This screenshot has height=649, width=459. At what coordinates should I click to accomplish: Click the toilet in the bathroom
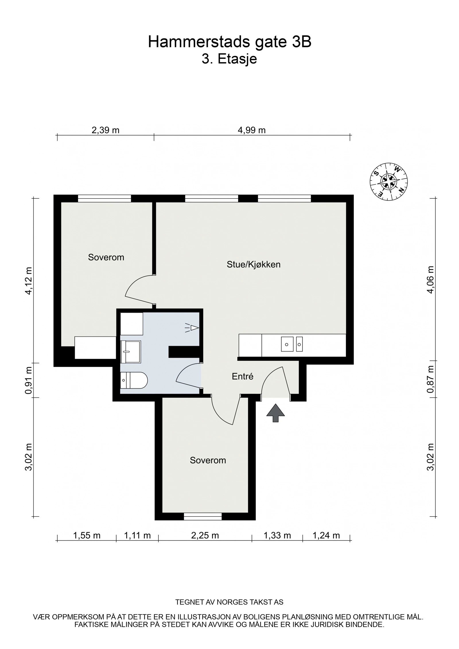point(134,380)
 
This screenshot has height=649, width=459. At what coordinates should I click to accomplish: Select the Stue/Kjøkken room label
point(254,264)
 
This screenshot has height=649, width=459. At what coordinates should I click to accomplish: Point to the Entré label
point(243,376)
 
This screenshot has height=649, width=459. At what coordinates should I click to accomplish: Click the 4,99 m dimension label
point(252,130)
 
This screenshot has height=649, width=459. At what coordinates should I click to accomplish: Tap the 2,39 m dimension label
point(105,130)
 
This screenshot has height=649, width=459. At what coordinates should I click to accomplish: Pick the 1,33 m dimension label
point(277,535)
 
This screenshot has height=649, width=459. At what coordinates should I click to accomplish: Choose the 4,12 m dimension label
point(29,281)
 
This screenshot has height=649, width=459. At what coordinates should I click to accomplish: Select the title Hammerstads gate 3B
point(229,42)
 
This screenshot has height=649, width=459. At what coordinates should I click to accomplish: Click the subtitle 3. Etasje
point(229,59)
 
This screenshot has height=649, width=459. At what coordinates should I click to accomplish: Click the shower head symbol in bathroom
point(192,327)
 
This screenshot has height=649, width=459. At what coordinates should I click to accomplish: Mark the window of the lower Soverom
point(203,516)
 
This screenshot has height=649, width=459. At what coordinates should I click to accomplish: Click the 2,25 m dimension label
point(205,535)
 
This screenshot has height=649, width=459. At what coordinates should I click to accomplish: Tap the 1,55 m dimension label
point(87,535)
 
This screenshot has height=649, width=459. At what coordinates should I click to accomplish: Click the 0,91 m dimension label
point(29,380)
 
